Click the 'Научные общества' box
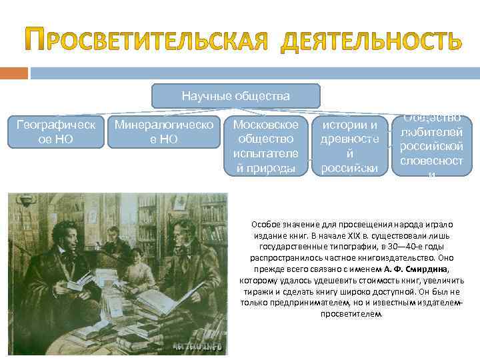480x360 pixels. click(x=235, y=96)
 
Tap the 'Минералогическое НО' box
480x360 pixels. click(x=164, y=131)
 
